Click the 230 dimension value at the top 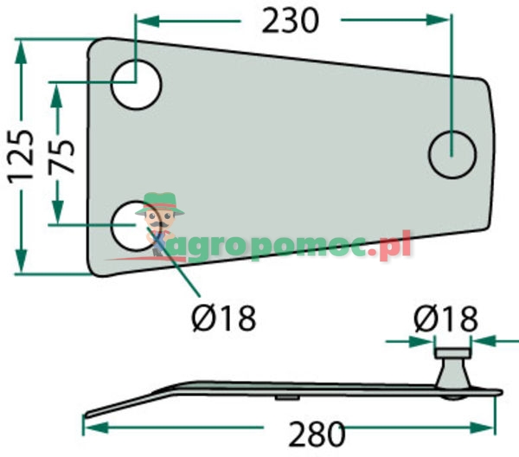click(x=291, y=21)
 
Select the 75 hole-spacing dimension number click(x=61, y=158)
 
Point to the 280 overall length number click(x=317, y=434)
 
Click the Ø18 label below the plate click(x=224, y=318)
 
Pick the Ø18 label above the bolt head click(x=445, y=319)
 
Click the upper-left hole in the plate click(x=136, y=85)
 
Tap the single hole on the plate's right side click(x=452, y=155)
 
